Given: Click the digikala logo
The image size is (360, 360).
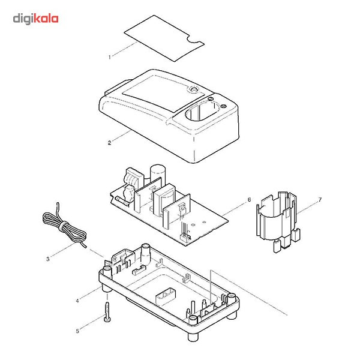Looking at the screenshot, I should (35, 19).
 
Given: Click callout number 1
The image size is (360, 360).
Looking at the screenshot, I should (110, 57).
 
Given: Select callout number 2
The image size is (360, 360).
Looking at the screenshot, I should (109, 142).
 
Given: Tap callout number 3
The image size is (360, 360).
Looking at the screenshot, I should (47, 260).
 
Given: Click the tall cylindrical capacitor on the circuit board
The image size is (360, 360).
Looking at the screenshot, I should (157, 174).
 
